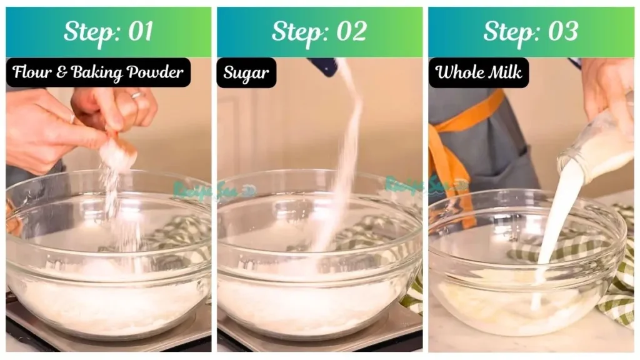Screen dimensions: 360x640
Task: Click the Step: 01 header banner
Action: (108, 32)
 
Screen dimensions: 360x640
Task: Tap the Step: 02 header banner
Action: (319, 32)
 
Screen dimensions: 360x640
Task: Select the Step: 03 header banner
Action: (531, 32)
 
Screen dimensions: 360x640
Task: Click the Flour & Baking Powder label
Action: (98, 72)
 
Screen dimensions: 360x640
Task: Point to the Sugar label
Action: (246, 72)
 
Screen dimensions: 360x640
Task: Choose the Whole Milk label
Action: (478, 72)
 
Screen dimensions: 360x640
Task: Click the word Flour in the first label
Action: (32, 72)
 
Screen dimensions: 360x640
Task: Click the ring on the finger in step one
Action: (137, 95)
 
